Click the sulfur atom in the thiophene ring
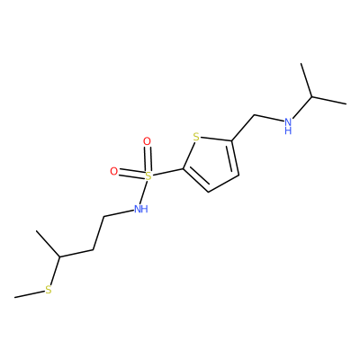pos(196,138)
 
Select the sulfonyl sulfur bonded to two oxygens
pos(148,176)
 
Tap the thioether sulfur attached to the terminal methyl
pos(49,290)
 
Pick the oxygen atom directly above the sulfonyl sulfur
pos(147,141)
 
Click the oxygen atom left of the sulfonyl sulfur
pos(113,171)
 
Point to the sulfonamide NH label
pos(140,209)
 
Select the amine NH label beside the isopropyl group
pos(288,125)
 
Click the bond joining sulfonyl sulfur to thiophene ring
pos(167,173)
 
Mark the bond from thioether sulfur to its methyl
pos(30,294)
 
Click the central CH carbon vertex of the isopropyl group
pos(312,96)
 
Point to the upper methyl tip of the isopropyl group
pos(301,63)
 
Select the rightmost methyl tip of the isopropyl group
pos(346,104)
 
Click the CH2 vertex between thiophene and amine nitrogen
pos(254,115)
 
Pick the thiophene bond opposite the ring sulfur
pos(223,184)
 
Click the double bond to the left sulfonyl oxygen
pos(130,174)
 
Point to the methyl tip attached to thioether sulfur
pos(14,298)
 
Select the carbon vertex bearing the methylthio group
pos(59,257)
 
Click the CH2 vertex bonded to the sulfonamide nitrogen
pos(103,216)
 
